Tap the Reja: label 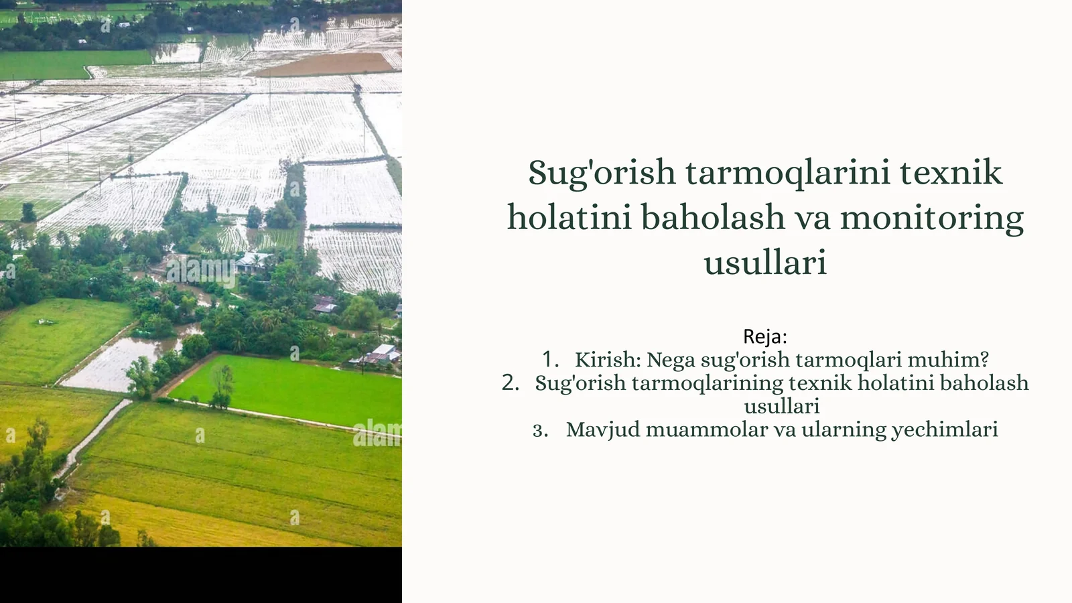click(x=765, y=336)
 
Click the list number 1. click(x=550, y=360)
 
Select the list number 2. click(x=510, y=383)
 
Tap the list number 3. click(x=540, y=430)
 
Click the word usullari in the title click(x=765, y=263)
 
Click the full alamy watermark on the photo click(x=200, y=269)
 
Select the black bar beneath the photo click(x=201, y=575)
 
